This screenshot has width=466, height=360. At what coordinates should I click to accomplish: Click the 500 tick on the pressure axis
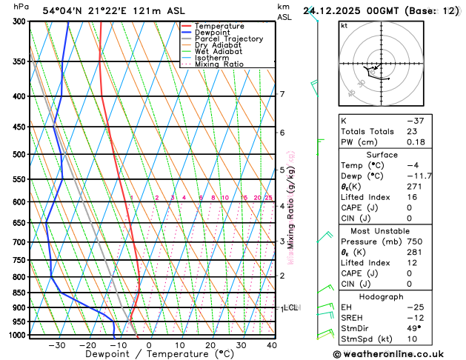pyautogui.click(x=19, y=155)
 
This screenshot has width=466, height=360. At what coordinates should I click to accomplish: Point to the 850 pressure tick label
pyautogui.click(x=19, y=293)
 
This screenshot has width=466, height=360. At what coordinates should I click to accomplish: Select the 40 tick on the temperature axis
pyautogui.click(x=271, y=345)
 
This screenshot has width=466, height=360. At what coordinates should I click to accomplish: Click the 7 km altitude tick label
pyautogui.click(x=282, y=94)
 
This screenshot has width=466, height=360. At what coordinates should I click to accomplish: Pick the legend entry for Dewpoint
pyautogui.click(x=213, y=33)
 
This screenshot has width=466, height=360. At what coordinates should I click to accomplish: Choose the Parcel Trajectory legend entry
pyautogui.click(x=228, y=39)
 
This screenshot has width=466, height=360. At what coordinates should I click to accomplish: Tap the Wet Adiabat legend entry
pyautogui.click(x=218, y=52)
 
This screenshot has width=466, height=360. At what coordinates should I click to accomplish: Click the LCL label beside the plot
pyautogui.click(x=290, y=307)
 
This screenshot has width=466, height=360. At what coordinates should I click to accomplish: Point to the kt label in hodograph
pyautogui.click(x=344, y=25)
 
